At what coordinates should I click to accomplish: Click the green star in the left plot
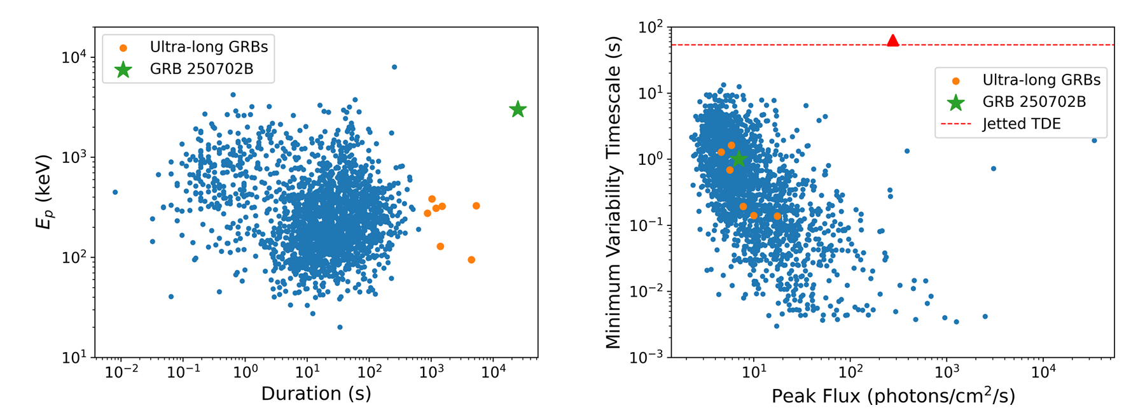518,110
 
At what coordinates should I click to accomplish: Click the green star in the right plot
738,159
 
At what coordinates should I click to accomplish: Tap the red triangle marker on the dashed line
893,41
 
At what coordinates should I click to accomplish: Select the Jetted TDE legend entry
1021,124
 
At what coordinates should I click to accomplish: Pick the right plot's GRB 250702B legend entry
1034,102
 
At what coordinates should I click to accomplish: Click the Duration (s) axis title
316,393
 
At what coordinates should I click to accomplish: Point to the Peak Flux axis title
893,396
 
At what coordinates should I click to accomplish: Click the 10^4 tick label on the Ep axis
74,57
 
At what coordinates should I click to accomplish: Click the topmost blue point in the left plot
394,67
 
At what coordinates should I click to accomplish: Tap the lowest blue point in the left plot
340,327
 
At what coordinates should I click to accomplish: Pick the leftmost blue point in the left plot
115,192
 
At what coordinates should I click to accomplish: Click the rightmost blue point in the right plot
1094,140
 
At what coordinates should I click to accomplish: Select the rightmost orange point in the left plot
476,206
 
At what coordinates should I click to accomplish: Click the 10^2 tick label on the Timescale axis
650,27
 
